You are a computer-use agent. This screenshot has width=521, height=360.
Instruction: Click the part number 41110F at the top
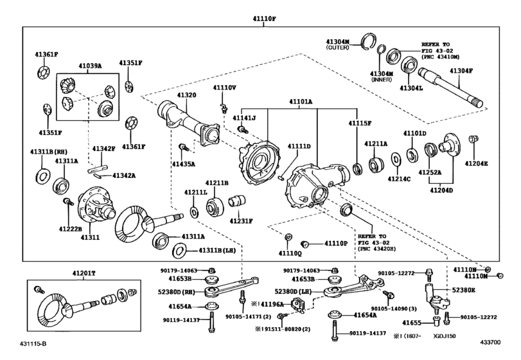(x=263, y=19)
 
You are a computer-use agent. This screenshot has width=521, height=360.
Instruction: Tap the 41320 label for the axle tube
(x=187, y=95)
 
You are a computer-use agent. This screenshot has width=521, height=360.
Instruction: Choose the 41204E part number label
(x=477, y=164)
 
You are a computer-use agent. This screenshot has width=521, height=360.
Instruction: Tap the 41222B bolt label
(x=70, y=228)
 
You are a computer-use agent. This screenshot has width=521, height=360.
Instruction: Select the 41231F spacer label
(x=242, y=221)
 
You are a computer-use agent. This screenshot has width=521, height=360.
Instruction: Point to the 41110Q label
(x=290, y=253)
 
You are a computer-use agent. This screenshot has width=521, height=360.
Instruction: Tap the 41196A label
(x=269, y=303)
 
